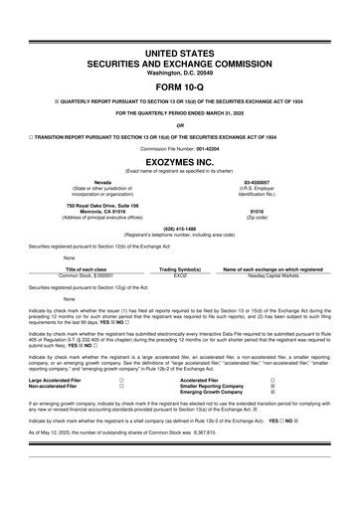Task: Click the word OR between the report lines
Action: coord(179,124)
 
